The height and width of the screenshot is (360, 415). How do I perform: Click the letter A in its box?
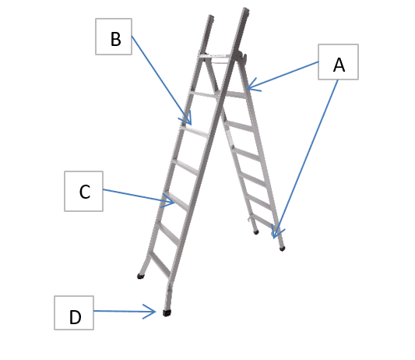tap(339, 65)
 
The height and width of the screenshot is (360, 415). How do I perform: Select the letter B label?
tap(116, 40)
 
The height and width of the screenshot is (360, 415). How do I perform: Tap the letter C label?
tap(85, 192)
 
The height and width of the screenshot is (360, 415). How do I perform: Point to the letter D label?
tap(76, 317)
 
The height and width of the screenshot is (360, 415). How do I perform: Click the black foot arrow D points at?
tap(167, 312)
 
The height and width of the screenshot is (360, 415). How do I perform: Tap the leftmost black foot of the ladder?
tap(140, 277)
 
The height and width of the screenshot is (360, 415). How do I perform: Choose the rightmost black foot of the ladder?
tap(282, 249)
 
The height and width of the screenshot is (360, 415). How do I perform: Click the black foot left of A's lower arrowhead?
tap(256, 232)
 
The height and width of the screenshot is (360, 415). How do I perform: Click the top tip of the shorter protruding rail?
tap(211, 16)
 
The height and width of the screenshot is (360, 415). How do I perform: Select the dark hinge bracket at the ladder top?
tap(241, 56)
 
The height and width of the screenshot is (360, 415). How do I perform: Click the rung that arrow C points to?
tap(176, 200)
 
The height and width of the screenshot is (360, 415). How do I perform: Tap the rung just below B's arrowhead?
tap(195, 132)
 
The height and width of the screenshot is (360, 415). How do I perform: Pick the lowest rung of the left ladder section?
tap(160, 264)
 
